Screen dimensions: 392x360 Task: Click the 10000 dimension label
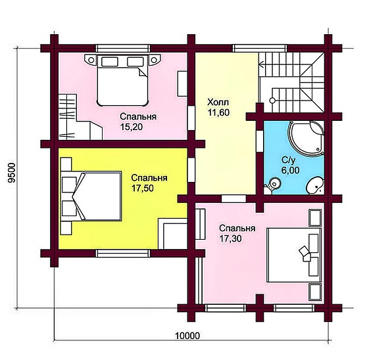coord(187,336)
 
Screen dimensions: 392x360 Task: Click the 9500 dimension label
coord(11,173)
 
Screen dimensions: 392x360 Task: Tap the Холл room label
coord(218,102)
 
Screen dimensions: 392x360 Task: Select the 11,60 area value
coord(218,112)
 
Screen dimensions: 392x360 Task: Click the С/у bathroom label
coord(288,160)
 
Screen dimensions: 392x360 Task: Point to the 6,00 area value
coord(290,170)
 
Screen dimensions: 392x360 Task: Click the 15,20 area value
coord(132,127)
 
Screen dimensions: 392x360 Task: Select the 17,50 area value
coord(143,189)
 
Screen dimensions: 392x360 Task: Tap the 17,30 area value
coord(230,238)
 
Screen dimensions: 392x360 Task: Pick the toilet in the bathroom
coord(272,185)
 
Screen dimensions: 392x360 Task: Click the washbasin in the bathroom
coord(315,185)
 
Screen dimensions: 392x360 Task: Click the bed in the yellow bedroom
coord(96,196)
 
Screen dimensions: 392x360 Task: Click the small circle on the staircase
coord(272,101)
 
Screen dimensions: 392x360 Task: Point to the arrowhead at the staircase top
coord(261,64)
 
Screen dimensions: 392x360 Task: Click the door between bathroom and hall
coord(260,141)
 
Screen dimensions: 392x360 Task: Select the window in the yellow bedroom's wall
coord(123,254)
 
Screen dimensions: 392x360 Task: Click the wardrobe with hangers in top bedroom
coord(67,116)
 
